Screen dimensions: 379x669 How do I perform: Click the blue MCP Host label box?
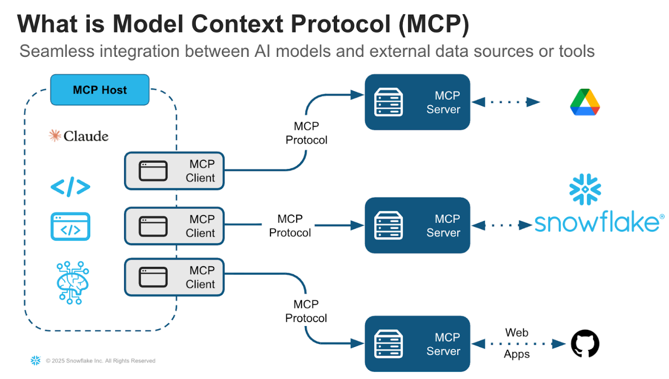(x=100, y=90)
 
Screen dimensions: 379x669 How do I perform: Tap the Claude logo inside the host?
(x=79, y=136)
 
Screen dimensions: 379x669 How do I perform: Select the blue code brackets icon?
(x=70, y=188)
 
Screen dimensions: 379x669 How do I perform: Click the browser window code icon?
(x=70, y=226)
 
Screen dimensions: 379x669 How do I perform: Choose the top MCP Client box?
(x=174, y=171)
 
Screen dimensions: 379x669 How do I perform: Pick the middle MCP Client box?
(x=174, y=226)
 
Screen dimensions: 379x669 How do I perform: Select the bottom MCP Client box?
(x=174, y=277)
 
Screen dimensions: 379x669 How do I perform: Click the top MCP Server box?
(x=417, y=102)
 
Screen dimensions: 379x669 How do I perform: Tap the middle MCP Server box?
(x=417, y=225)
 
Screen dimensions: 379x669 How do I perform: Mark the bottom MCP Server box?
(x=417, y=344)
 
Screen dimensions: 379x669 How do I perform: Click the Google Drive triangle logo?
(x=585, y=102)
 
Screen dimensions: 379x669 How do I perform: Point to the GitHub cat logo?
(x=585, y=344)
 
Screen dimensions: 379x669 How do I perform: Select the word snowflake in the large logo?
(x=596, y=223)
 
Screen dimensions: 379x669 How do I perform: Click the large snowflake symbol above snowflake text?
(x=585, y=189)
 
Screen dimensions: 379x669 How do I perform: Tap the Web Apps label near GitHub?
(x=517, y=343)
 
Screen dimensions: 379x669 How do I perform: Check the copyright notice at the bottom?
(x=100, y=361)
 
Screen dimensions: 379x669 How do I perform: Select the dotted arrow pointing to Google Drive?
(x=506, y=102)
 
